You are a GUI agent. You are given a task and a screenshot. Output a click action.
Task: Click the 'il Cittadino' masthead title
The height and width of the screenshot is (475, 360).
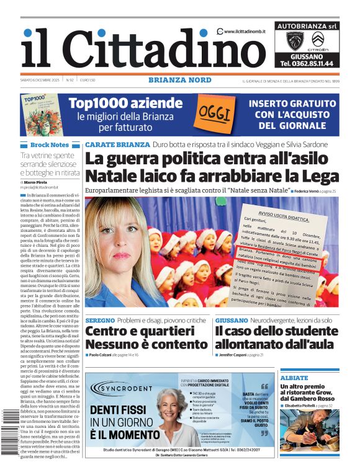135,48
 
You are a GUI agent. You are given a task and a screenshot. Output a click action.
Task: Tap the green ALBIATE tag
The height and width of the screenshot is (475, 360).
294,378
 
